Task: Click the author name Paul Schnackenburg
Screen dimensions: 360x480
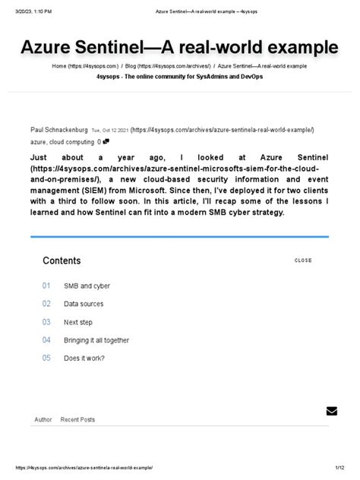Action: coord(58,130)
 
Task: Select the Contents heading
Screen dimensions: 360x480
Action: coord(62,261)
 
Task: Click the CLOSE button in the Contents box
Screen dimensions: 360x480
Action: coord(303,261)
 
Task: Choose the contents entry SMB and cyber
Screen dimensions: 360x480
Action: coord(87,286)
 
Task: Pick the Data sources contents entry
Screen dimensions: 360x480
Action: coord(84,304)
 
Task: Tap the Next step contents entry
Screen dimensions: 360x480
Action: coord(78,322)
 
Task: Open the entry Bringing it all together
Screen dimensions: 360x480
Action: coord(96,340)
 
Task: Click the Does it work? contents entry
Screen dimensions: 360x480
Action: coord(84,358)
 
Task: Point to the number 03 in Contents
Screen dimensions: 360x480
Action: coord(46,322)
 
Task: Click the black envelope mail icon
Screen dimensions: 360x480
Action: coord(331,411)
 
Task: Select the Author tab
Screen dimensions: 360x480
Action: coord(43,419)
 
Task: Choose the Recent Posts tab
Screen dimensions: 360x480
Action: coord(77,419)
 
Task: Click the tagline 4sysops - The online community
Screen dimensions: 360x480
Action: coord(179,77)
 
